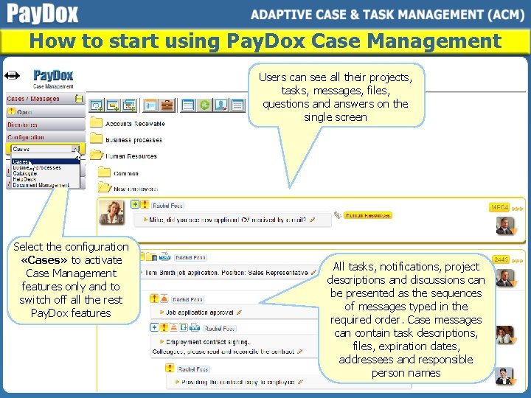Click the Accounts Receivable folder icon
coord(96,123)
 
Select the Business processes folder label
coord(133,140)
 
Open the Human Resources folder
coord(131,156)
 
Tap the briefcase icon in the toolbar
coord(167,105)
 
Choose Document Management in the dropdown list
coord(38,185)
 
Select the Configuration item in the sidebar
coord(27,137)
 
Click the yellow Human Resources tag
coord(367,215)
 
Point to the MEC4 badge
coord(500,208)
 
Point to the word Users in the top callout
coord(274,77)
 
